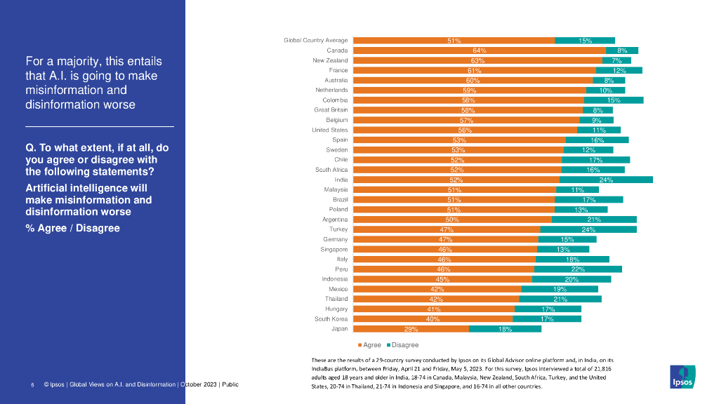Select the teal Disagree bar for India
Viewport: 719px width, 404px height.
click(606, 180)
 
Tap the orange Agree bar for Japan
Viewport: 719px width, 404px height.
click(410, 328)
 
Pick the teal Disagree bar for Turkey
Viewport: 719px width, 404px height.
click(588, 229)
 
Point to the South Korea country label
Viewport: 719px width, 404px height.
click(331, 318)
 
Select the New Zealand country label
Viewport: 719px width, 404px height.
click(330, 61)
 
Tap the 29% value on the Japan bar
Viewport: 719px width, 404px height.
click(411, 329)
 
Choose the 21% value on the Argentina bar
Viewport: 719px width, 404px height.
click(594, 220)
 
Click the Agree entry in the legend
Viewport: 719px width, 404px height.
click(371, 345)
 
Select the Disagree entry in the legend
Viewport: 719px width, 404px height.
click(404, 345)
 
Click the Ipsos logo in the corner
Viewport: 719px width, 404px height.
click(682, 377)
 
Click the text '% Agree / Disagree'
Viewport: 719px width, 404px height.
click(72, 229)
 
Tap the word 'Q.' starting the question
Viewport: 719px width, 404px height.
click(30, 148)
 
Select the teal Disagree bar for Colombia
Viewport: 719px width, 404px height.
click(614, 100)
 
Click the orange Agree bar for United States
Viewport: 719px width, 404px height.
click(464, 130)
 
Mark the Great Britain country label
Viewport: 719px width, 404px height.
click(331, 110)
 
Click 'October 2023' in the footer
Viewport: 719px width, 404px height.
click(200, 385)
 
